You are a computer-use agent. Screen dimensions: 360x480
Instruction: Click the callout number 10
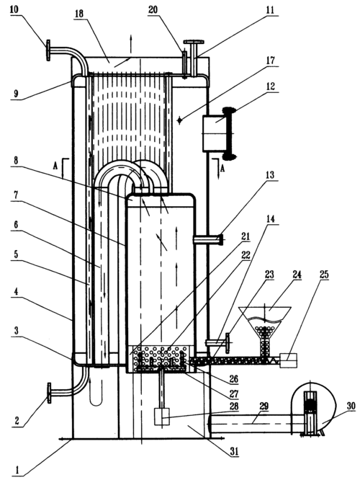tap(14, 9)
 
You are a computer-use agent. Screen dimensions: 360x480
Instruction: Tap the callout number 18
tap(79, 14)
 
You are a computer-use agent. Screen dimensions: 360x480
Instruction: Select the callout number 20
tap(154, 9)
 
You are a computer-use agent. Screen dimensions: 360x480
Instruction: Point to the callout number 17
tap(270, 61)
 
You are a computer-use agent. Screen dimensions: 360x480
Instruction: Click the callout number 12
tap(270, 86)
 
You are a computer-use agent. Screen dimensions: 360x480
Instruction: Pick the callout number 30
tap(351, 406)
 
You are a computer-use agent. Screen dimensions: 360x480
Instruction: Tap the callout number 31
tap(234, 451)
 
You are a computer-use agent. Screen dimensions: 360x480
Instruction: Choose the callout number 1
tap(17, 470)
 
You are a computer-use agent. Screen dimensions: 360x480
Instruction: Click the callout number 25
tap(324, 275)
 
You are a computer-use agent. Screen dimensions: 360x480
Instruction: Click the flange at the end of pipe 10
tap(48, 50)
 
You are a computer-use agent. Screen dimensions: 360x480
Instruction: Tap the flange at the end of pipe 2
tap(49, 394)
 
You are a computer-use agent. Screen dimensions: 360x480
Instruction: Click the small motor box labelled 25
tap(288, 360)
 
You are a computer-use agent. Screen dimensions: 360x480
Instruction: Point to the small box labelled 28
tap(162, 417)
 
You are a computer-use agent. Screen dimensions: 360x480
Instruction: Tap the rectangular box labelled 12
tap(215, 133)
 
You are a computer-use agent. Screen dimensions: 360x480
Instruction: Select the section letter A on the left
tap(55, 166)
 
